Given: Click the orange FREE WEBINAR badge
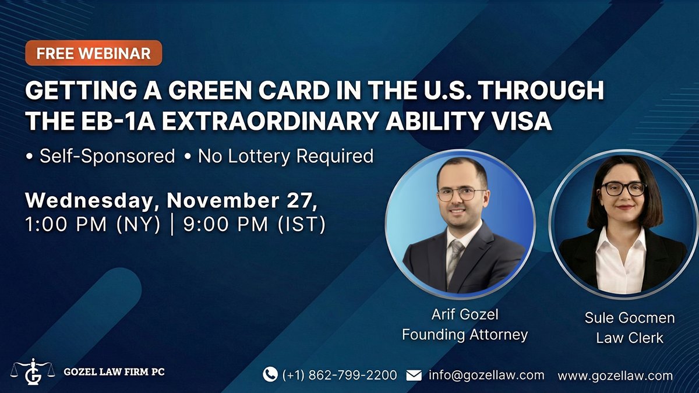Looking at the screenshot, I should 93,54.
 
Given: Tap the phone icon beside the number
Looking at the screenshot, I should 270,374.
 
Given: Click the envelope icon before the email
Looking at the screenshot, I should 414,375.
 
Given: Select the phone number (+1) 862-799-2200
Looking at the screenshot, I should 340,375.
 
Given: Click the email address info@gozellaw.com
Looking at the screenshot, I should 486,375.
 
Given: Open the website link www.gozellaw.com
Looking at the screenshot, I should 615,376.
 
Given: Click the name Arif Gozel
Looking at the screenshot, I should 465,315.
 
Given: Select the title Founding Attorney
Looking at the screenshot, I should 465,335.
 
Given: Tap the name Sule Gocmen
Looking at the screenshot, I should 630,318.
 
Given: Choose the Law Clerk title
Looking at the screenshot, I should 630,338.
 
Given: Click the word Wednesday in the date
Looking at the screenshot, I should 92,200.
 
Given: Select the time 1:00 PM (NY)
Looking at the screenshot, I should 93,224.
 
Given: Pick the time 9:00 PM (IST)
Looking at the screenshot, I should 254,224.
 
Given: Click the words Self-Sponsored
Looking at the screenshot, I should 107,156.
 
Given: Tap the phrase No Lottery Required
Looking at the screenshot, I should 285,156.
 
